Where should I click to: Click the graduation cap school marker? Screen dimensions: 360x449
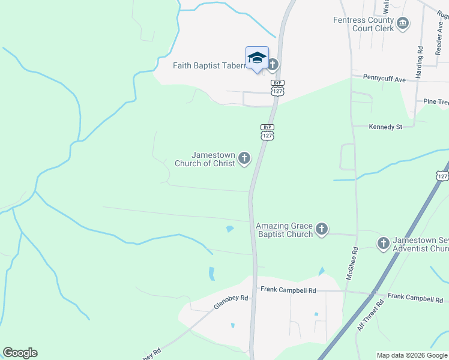tap(257, 58)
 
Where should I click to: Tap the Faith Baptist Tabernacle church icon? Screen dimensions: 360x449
tap(273, 65)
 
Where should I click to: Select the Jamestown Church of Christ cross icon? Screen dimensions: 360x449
tap(244, 158)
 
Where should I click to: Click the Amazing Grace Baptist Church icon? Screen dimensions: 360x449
tap(322, 229)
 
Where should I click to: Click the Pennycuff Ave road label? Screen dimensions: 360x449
tap(385, 77)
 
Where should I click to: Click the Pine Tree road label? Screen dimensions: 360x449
tap(436, 102)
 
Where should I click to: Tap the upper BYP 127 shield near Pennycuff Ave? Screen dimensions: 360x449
tap(277, 88)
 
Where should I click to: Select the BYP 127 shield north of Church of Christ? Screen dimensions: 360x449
tap(268, 132)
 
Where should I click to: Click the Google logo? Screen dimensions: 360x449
tap(20, 353)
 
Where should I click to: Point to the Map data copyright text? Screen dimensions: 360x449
tap(412, 355)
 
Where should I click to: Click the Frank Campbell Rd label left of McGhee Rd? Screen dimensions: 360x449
tap(288, 290)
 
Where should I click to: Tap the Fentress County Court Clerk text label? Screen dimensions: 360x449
tap(364, 24)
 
